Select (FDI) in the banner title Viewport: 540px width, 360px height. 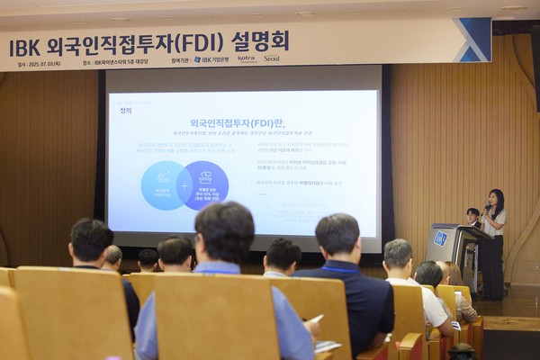pyautogui.click(x=201, y=42)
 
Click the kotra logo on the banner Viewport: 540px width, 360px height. pyautogui.click(x=247, y=58)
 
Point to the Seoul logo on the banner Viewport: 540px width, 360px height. pyautogui.click(x=271, y=58)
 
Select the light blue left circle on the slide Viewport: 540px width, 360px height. pyautogui.click(x=161, y=185)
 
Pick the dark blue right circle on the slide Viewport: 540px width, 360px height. pyautogui.click(x=204, y=184)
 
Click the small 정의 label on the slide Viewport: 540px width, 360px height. pyautogui.click(x=125, y=110)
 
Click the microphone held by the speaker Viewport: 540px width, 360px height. pyautogui.click(x=487, y=210)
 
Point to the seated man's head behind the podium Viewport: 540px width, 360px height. pyautogui.click(x=472, y=215)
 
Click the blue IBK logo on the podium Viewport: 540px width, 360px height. pyautogui.click(x=440, y=238)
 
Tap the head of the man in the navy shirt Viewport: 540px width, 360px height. pyautogui.click(x=337, y=236)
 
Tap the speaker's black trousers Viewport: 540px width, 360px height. pyautogui.click(x=493, y=265)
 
